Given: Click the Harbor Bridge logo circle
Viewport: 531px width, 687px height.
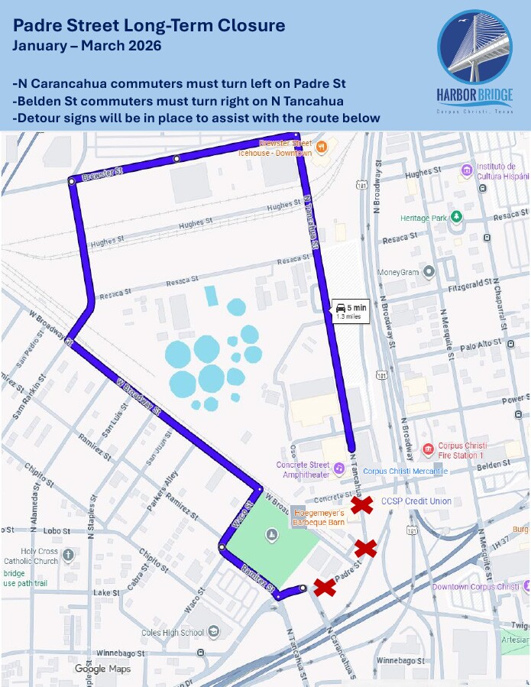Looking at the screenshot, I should click(474, 48).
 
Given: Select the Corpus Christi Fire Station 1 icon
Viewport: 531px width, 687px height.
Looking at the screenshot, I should click(429, 449).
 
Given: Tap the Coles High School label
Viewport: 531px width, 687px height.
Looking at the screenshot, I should click(173, 632).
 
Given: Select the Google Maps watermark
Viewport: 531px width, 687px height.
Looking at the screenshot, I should click(102, 669).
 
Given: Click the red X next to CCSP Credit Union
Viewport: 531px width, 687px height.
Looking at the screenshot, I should click(361, 505).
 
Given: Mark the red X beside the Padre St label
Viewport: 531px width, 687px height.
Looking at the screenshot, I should click(325, 587).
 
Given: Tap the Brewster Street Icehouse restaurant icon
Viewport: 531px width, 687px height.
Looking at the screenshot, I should click(322, 145).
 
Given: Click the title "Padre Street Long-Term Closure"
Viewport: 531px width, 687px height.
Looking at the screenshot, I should click(149, 26).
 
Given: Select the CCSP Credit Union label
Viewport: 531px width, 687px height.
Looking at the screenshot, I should click(416, 501).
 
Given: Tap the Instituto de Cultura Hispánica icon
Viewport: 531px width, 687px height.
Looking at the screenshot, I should click(466, 169).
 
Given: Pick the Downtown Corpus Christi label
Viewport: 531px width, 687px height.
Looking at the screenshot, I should click(476, 586).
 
